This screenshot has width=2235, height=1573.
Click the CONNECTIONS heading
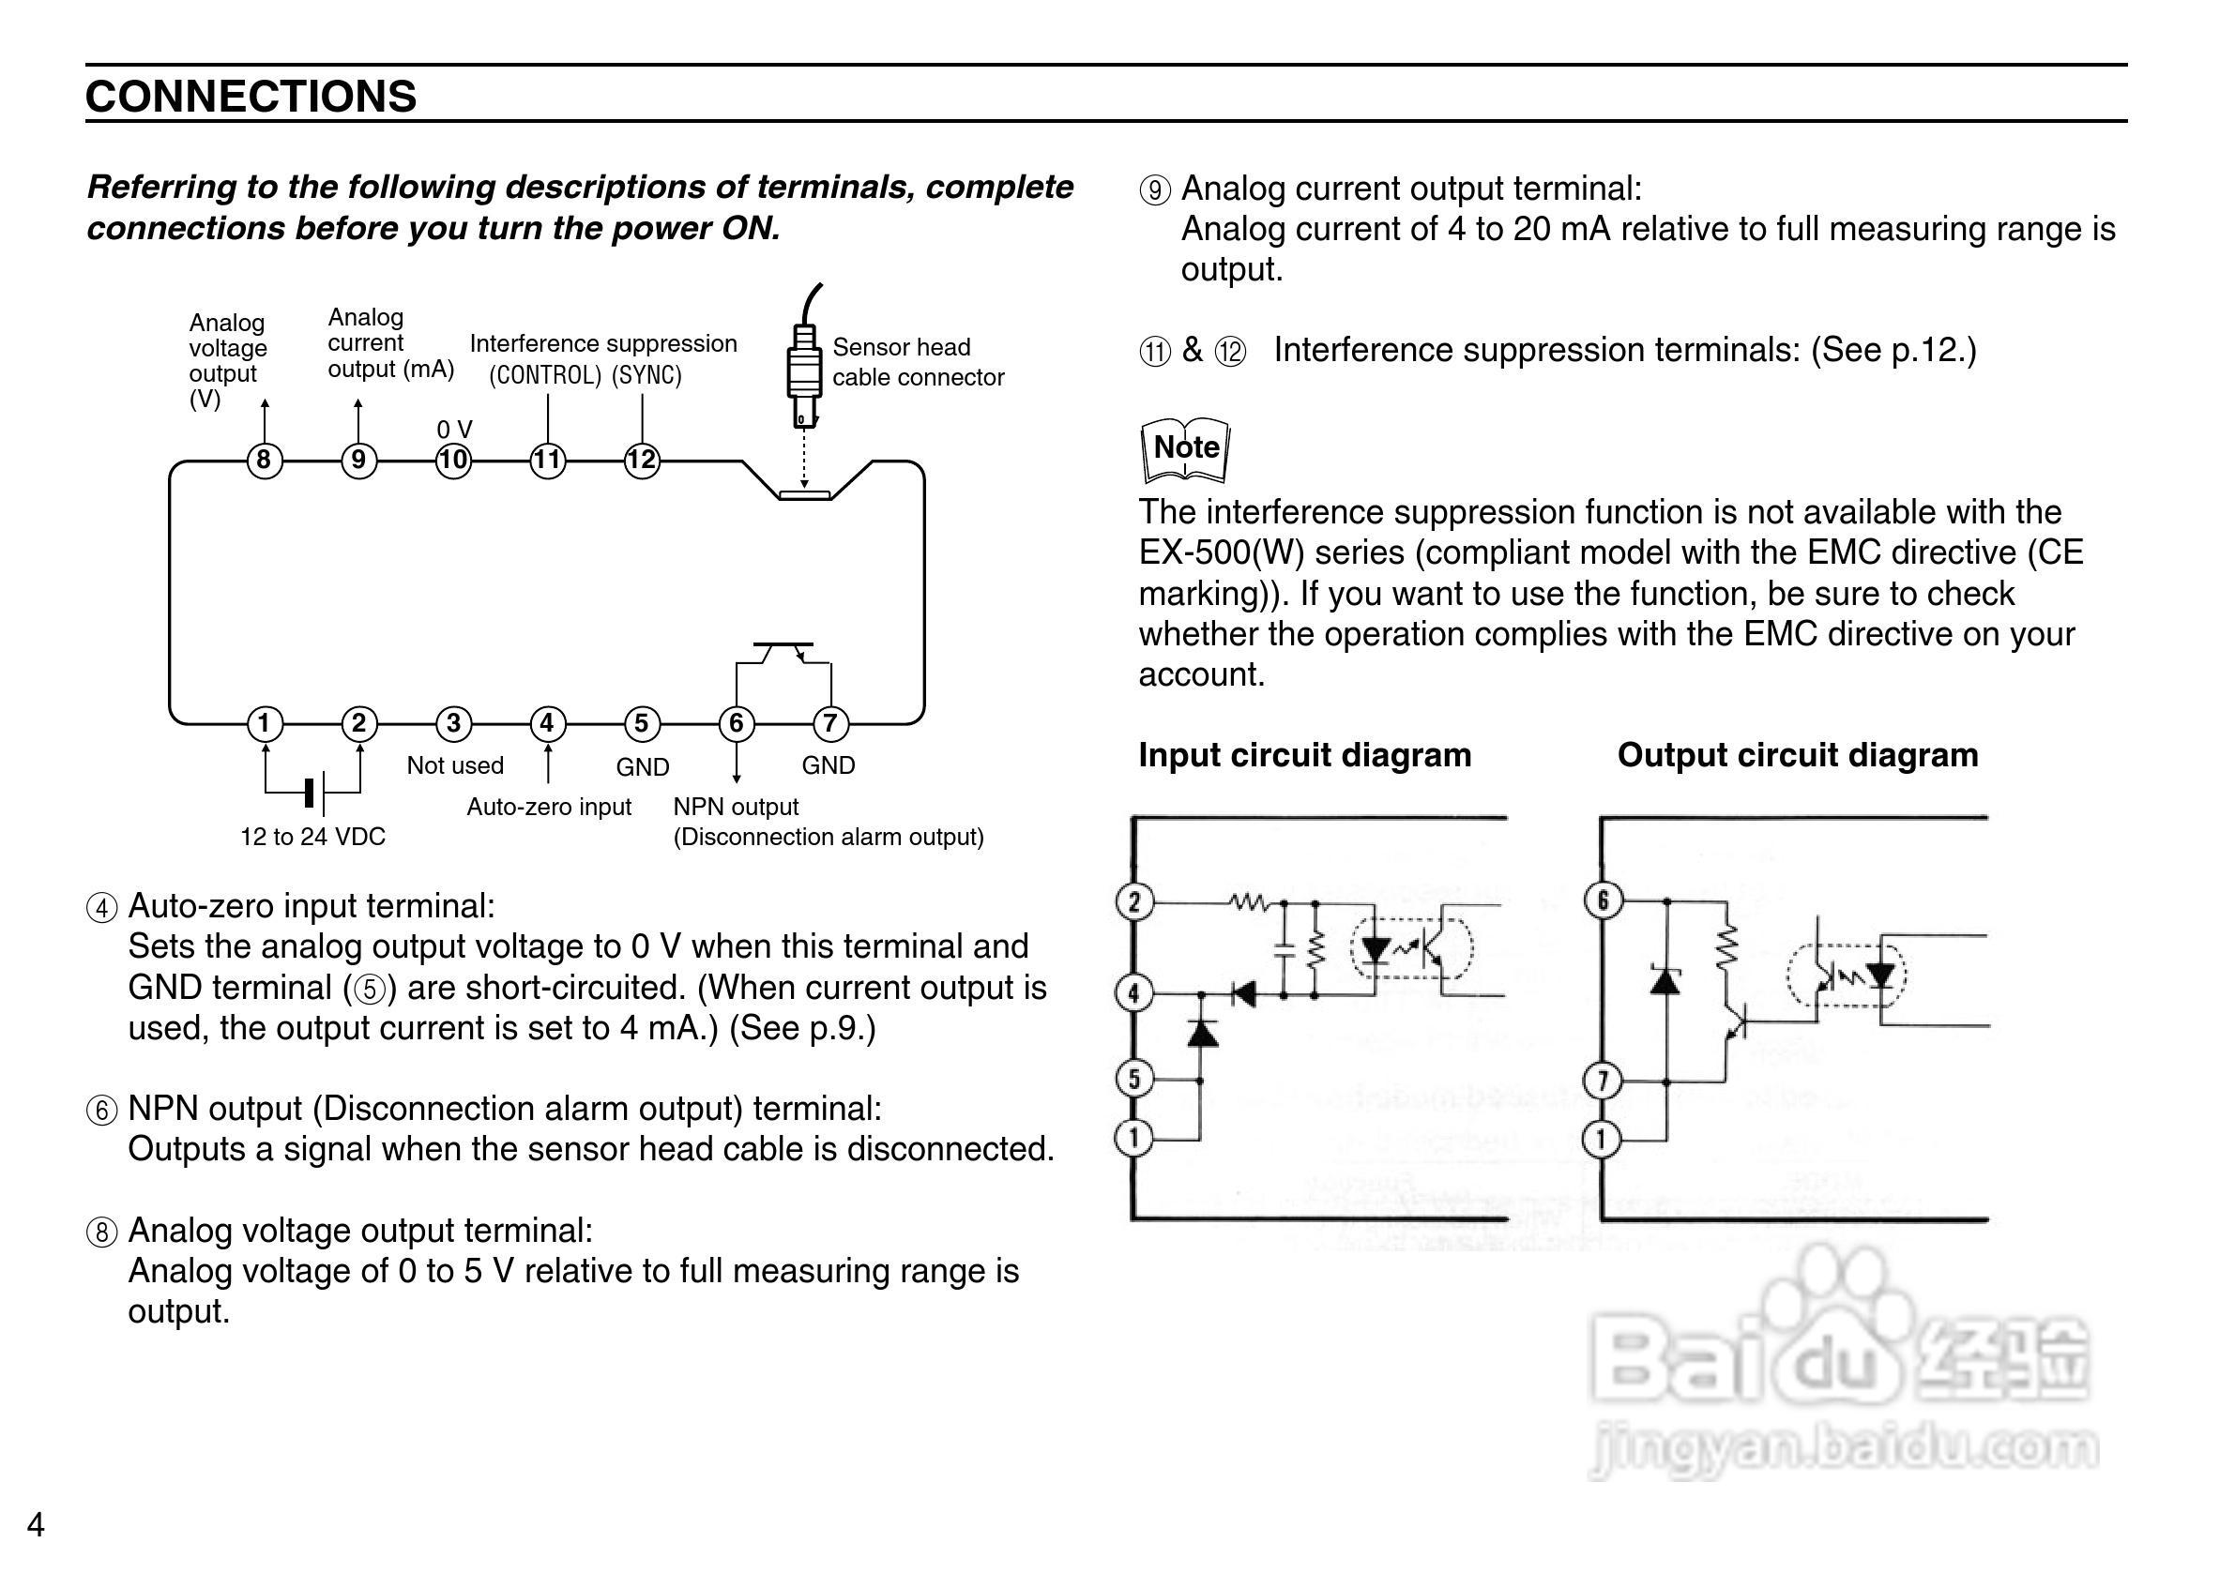[251, 97]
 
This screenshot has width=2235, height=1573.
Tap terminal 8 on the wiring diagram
[264, 460]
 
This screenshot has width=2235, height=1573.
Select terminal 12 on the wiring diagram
[642, 460]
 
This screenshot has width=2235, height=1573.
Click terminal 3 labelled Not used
[453, 723]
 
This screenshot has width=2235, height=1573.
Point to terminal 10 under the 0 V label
[453, 460]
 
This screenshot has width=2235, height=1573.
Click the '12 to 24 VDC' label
[312, 837]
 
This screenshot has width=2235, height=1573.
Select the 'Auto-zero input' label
[549, 807]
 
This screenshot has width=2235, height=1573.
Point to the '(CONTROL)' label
[545, 376]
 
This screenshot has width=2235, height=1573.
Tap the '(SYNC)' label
[646, 376]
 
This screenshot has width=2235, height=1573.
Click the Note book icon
[1185, 449]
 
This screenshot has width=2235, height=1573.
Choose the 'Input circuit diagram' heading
[1304, 755]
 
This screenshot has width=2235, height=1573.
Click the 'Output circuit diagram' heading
[1797, 755]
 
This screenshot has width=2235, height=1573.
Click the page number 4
[36, 1524]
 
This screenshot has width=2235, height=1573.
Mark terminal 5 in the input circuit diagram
[1134, 1079]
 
